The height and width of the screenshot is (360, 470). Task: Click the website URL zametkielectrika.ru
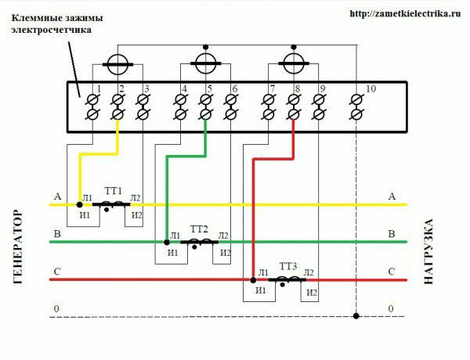[405, 13]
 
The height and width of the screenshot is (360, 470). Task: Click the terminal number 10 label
[371, 88]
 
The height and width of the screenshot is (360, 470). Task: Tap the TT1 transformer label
[114, 191]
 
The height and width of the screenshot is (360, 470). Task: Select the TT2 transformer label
[199, 229]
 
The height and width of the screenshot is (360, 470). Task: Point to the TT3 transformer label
[288, 266]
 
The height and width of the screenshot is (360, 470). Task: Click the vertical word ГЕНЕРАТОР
[18, 247]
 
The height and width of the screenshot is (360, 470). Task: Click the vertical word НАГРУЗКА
[428, 251]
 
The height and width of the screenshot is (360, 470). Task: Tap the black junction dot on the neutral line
[356, 315]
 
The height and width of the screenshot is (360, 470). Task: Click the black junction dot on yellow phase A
[79, 204]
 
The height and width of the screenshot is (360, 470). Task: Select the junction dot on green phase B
[167, 242]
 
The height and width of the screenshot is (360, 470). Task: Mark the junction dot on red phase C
[253, 280]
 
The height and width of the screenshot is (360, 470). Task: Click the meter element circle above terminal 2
[117, 64]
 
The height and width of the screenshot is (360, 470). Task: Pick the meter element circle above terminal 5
[205, 63]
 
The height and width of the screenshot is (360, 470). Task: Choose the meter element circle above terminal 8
[294, 63]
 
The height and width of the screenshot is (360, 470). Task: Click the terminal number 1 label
[99, 88]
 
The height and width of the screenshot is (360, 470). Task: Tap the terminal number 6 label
[235, 88]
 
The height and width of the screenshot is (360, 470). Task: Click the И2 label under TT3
[312, 293]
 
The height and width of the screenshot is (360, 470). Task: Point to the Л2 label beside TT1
[136, 198]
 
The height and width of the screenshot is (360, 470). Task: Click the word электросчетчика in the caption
[51, 31]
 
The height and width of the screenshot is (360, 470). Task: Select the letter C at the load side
[392, 272]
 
